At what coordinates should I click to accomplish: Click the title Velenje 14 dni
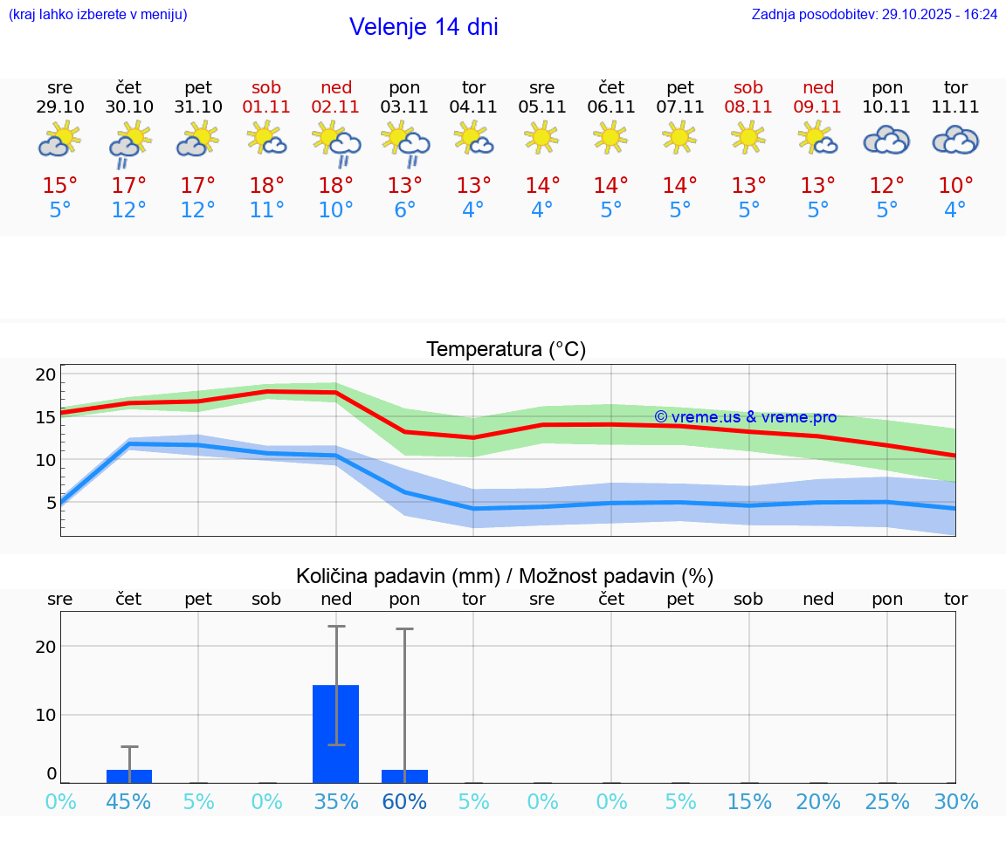click(x=424, y=27)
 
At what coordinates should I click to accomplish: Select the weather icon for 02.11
click(x=336, y=143)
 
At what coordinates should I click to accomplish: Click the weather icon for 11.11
click(x=955, y=140)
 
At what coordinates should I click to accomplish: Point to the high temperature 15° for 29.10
click(x=60, y=186)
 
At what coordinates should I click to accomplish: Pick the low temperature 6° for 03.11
click(x=404, y=210)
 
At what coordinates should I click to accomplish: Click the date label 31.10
click(x=198, y=106)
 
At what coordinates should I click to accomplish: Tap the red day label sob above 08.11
click(x=748, y=87)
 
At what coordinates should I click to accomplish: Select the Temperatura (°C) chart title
click(x=506, y=350)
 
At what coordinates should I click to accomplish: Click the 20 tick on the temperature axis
click(x=45, y=374)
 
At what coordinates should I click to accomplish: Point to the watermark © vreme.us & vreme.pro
click(x=745, y=417)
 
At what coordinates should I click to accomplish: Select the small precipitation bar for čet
click(x=129, y=776)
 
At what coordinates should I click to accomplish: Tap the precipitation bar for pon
click(x=404, y=776)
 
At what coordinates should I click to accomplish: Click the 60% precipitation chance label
click(x=404, y=802)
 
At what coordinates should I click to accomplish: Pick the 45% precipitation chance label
click(x=129, y=802)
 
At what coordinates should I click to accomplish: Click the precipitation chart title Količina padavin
click(x=505, y=576)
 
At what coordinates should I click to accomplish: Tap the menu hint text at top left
click(x=97, y=14)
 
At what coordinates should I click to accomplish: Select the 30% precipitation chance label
click(x=955, y=802)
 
